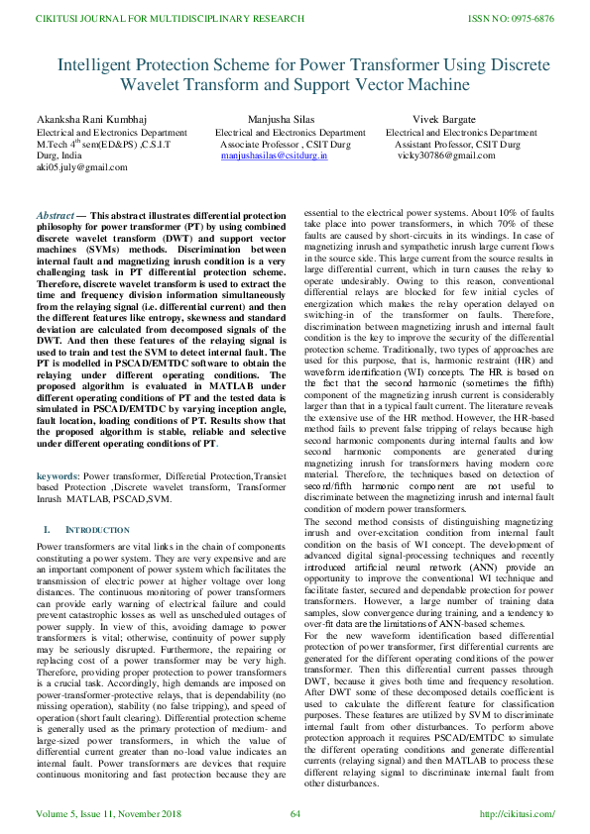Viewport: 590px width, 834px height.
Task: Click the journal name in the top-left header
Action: (x=157, y=19)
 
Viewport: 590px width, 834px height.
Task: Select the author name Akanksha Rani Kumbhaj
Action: (x=86, y=119)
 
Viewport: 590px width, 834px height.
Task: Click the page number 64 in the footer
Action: (x=295, y=814)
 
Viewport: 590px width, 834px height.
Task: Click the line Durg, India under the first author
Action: (x=59, y=156)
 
